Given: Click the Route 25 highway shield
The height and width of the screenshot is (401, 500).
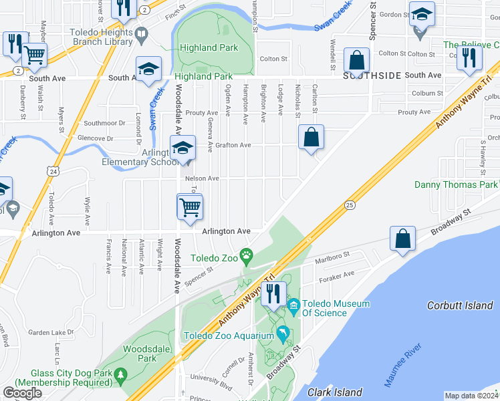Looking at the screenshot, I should (349, 205).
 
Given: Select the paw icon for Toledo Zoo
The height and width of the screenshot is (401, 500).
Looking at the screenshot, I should (247, 254).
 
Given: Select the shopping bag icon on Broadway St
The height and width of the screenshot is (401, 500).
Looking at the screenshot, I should (402, 239).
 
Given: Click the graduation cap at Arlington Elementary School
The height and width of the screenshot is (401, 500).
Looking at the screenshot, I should (182, 148).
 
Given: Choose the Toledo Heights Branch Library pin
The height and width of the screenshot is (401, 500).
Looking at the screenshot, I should (141, 33).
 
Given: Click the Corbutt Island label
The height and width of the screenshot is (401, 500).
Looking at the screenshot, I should (460, 305).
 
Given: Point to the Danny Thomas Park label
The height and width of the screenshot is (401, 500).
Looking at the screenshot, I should (456, 184).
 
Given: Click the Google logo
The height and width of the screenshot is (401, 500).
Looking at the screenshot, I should (22, 393).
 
